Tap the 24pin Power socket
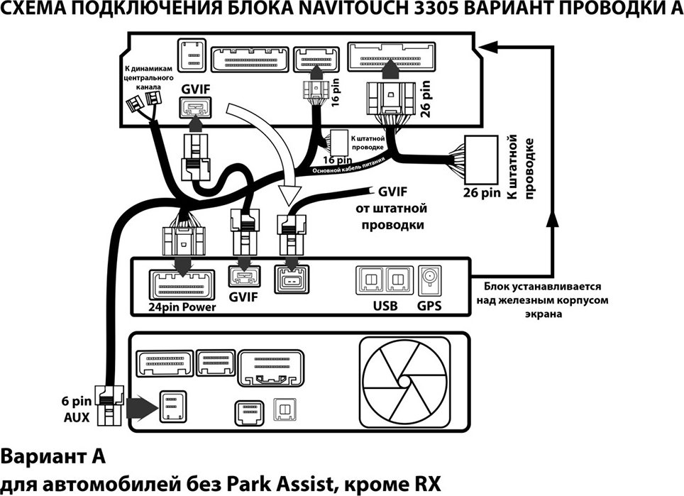(182, 285)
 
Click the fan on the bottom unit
(405, 382)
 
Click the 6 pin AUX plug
(109, 405)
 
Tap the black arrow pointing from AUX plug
(142, 408)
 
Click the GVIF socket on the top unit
(195, 107)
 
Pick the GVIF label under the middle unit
(243, 297)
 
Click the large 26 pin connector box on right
(481, 160)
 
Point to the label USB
(385, 305)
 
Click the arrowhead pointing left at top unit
(490, 47)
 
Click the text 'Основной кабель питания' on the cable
(350, 166)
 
